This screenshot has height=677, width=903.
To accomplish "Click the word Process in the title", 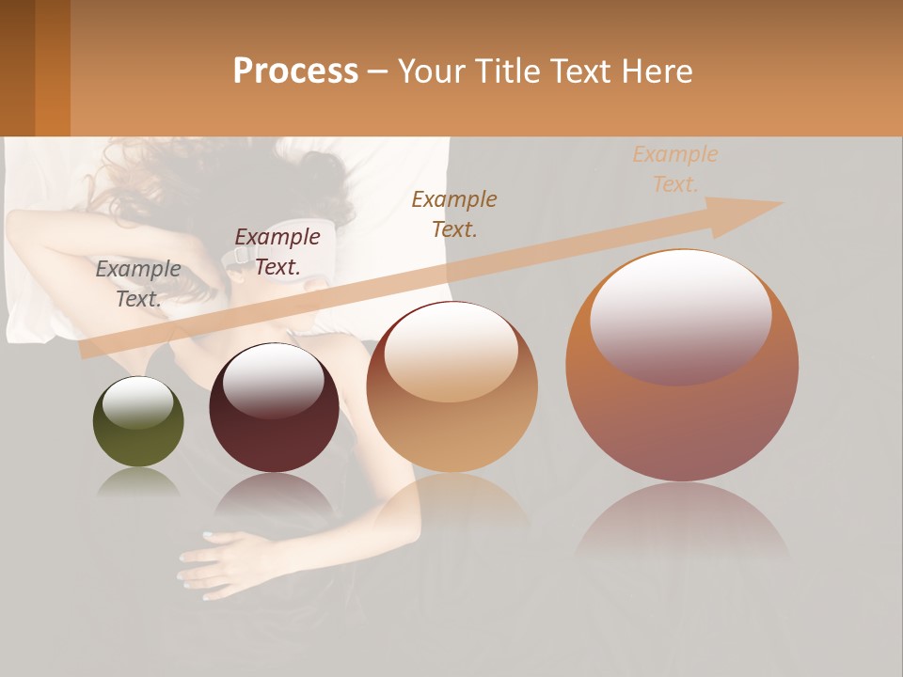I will click(295, 71).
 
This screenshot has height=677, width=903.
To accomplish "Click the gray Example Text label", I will click(138, 284).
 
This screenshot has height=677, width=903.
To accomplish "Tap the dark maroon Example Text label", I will click(277, 252).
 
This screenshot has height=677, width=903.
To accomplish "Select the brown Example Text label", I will click(454, 213).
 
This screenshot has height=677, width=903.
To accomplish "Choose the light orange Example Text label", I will click(675, 168).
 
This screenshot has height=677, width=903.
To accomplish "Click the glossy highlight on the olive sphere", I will click(137, 401).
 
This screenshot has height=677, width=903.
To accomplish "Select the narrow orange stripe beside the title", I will click(53, 68).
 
